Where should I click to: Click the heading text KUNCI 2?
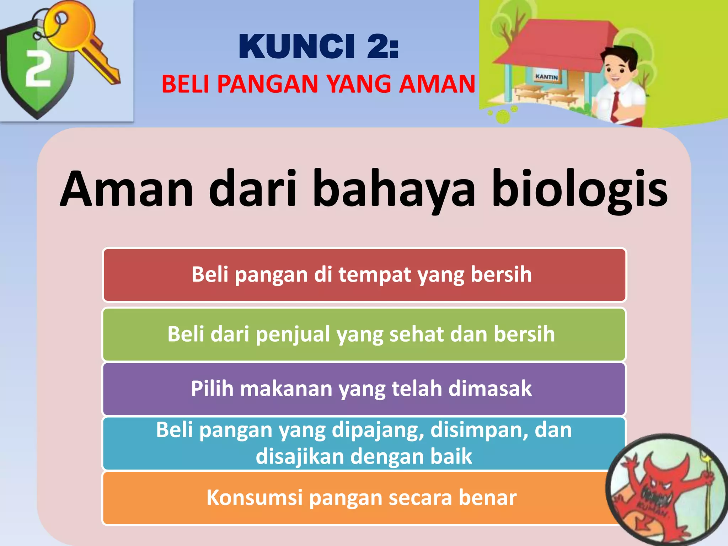(x=318, y=47)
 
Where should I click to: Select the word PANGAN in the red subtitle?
(x=268, y=84)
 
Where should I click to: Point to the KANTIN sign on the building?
(x=547, y=77)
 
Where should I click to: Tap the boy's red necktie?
(x=615, y=107)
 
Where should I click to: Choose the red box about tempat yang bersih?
(x=364, y=275)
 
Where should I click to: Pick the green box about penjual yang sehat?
(x=364, y=334)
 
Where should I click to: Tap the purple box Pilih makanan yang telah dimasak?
(x=364, y=389)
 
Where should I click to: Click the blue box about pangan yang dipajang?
(x=364, y=443)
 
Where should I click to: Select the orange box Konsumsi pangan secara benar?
(x=355, y=498)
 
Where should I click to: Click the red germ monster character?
(x=661, y=491)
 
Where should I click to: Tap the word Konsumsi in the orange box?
(x=254, y=497)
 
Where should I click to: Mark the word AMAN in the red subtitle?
(x=437, y=84)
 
